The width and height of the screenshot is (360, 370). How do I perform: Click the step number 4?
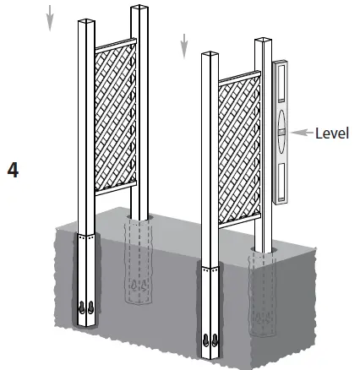coord(13,169)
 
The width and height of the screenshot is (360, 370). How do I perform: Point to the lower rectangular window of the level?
coord(281,178)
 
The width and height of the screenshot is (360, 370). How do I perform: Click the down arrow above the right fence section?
coord(183,46)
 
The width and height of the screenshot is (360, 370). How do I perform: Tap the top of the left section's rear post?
coord(139,10)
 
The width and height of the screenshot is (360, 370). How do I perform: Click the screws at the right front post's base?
coord(208,340)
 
